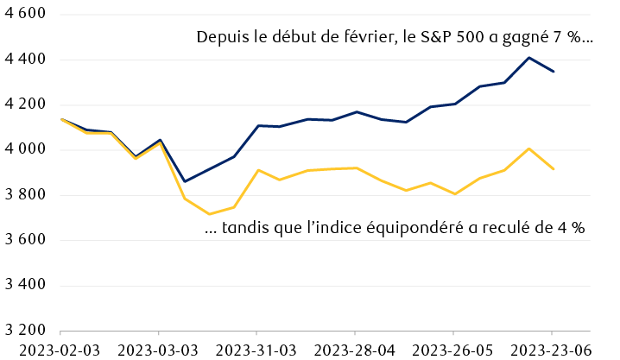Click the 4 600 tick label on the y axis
pos(24,15)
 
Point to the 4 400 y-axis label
pos(24,60)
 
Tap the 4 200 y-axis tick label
pos(24,104)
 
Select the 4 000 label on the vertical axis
pos(24,149)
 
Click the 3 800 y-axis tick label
pos(24,195)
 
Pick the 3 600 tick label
pos(24,240)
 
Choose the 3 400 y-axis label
pos(24,285)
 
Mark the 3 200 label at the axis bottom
pos(24,330)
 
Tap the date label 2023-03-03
pos(158,350)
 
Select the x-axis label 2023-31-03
pos(256,350)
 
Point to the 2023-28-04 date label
pos(355,350)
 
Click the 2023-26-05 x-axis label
pos(453,350)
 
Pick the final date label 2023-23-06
pos(552,350)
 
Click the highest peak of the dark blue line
pos(528,58)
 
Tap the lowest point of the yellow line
pos(208,214)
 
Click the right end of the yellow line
pos(553,169)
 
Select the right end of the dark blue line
pos(553,72)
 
